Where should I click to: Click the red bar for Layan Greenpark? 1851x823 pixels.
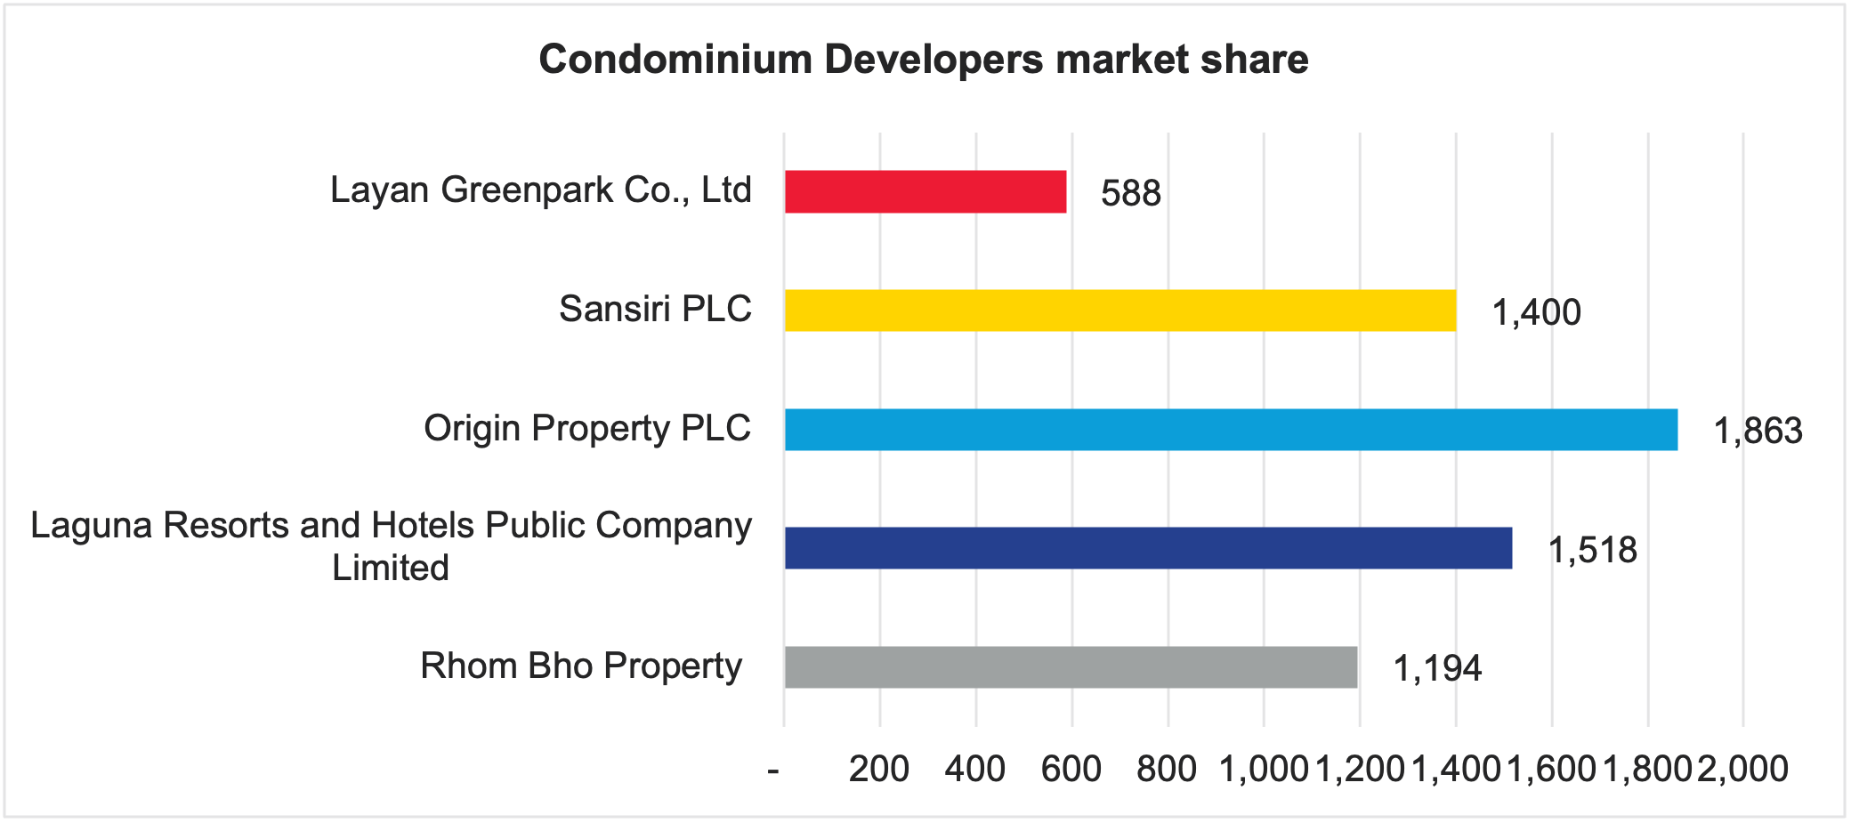pyautogui.click(x=925, y=191)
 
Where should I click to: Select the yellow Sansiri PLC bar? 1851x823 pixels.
pyautogui.click(x=1119, y=311)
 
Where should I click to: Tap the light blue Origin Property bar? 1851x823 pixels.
pyautogui.click(x=1231, y=430)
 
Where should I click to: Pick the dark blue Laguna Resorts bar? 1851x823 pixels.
pyautogui.click(x=1148, y=548)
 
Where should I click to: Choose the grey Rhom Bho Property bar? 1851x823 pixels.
pyautogui.click(x=1071, y=667)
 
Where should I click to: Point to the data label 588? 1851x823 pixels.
pyautogui.click(x=1130, y=193)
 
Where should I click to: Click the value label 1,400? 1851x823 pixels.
pyautogui.click(x=1536, y=312)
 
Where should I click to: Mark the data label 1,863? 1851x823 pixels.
pyautogui.click(x=1758, y=432)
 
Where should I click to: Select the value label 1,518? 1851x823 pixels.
pyautogui.click(x=1592, y=550)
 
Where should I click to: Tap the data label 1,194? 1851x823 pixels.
pyautogui.click(x=1437, y=669)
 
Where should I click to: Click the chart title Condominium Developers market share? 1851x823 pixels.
pyautogui.click(x=924, y=60)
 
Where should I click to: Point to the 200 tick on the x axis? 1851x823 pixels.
pyautogui.click(x=878, y=769)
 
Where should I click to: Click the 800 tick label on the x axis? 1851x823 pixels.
pyautogui.click(x=1167, y=769)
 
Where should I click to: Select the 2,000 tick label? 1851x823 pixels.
pyautogui.click(x=1742, y=769)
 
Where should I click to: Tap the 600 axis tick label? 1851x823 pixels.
pyautogui.click(x=1071, y=769)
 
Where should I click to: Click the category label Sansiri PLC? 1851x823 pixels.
pyautogui.click(x=655, y=309)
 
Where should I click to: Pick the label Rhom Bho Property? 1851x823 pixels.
pyautogui.click(x=580, y=666)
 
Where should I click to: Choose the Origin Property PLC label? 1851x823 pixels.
pyautogui.click(x=587, y=428)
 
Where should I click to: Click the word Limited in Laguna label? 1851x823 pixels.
pyautogui.click(x=391, y=568)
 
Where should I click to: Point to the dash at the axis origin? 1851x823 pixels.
pyautogui.click(x=773, y=769)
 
